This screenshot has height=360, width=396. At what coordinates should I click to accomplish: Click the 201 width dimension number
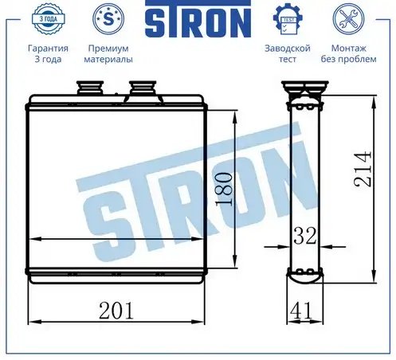[116, 311]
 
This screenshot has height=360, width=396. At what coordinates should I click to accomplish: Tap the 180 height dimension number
[224, 189]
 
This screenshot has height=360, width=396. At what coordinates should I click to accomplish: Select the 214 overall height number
[363, 169]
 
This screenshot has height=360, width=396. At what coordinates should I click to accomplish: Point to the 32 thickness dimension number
[305, 236]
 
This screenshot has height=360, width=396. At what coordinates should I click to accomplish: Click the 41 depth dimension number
[301, 311]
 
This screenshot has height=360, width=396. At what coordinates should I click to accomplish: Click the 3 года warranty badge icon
[48, 18]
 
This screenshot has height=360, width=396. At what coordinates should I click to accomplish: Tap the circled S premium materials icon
[108, 18]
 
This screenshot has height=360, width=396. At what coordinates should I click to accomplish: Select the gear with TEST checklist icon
[288, 18]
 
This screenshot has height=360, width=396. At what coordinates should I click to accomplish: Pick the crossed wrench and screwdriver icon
[348, 18]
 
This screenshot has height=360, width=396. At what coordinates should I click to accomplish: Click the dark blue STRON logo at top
[198, 19]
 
